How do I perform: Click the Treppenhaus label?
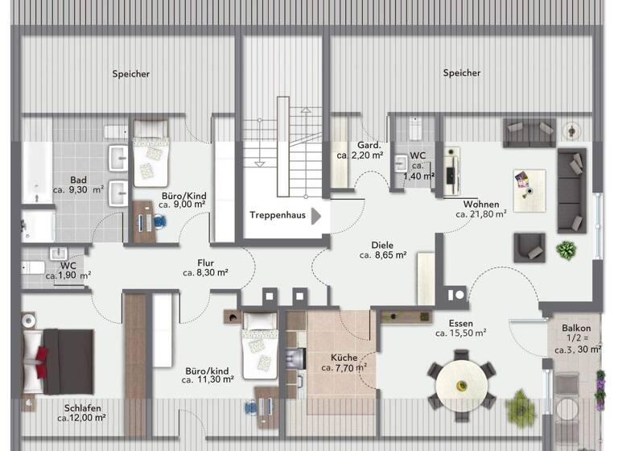(277, 215)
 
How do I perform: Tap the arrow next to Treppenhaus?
(316, 215)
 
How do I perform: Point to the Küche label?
(344, 357)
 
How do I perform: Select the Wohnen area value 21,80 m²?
(480, 214)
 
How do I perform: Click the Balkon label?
(577, 328)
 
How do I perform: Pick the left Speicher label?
(131, 74)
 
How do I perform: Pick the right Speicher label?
(462, 73)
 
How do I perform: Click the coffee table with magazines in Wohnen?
(526, 183)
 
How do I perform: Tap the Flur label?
(205, 262)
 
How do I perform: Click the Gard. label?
(357, 145)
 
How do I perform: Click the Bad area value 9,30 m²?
(78, 190)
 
